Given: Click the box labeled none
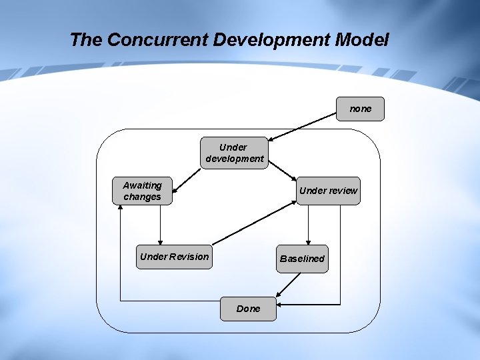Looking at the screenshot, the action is click(x=360, y=109).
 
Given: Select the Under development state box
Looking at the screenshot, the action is click(x=234, y=153).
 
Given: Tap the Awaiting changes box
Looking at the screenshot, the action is click(x=142, y=191).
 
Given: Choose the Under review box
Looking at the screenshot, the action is click(x=328, y=191).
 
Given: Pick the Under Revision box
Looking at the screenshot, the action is click(x=174, y=257).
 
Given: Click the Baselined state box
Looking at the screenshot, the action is click(x=302, y=259).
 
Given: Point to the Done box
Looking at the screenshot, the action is click(x=248, y=309).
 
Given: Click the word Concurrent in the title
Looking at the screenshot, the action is click(x=157, y=40).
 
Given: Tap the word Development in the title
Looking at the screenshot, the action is click(x=271, y=40).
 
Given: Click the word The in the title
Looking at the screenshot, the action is click(x=86, y=40).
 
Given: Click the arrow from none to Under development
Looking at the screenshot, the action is click(x=303, y=126).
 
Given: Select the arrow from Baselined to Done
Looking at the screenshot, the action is click(x=287, y=284).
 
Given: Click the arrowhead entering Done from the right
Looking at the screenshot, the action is click(x=279, y=305).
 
